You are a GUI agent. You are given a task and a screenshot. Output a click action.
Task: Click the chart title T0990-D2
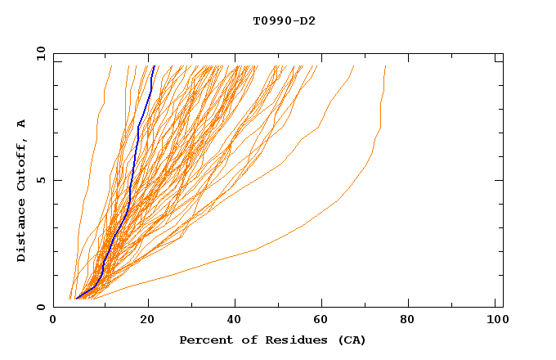point(284,21)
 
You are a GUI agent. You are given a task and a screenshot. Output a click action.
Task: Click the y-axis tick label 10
point(40,53)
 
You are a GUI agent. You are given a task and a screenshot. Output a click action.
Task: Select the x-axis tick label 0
point(54,322)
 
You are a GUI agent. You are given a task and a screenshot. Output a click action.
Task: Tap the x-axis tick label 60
point(319,322)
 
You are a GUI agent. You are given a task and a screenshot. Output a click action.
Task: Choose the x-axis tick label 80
point(407,322)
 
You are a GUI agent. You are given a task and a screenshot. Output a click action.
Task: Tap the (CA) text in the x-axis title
point(350,340)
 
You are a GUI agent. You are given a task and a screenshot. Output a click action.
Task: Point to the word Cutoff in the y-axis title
point(22,164)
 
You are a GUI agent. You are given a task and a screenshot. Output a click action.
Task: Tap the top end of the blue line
point(154,65)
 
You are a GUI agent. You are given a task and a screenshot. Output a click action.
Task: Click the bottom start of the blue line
point(76,299)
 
